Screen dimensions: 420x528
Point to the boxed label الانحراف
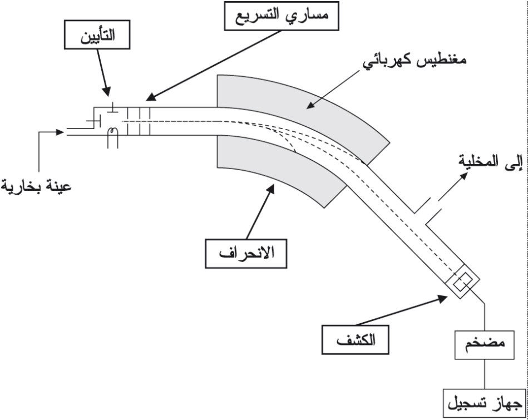click(245, 253)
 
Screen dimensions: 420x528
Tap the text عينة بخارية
click(36, 185)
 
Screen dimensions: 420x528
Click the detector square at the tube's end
click(461, 284)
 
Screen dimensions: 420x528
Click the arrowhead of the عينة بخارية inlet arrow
click(61, 132)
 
